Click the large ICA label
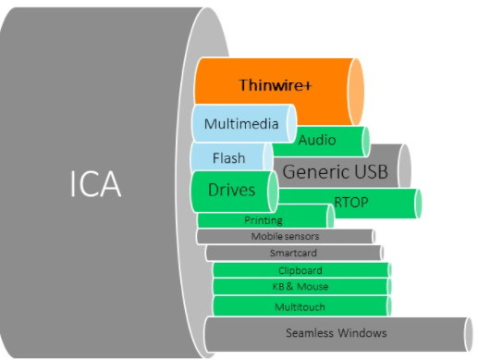95,184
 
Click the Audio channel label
317,141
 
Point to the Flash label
228,158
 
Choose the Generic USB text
335,171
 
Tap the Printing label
263,220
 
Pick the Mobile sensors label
285,236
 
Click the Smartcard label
291,253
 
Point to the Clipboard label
300,270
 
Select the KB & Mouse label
300,287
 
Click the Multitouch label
300,305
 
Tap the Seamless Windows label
336,332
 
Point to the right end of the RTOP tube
418,203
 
